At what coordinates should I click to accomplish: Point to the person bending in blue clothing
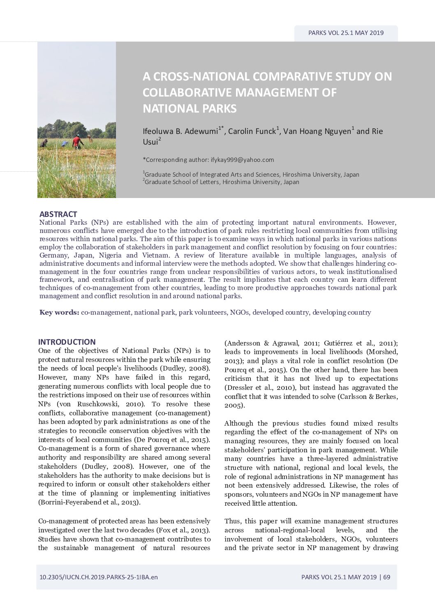(x=63, y=144)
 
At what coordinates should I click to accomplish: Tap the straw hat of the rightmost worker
(x=77, y=137)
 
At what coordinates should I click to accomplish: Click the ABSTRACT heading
(x=58, y=214)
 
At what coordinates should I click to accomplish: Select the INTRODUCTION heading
(x=67, y=342)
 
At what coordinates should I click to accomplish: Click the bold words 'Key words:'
(x=59, y=312)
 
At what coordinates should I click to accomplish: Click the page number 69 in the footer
(x=386, y=577)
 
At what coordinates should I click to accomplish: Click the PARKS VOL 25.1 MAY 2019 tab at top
(x=346, y=33)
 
